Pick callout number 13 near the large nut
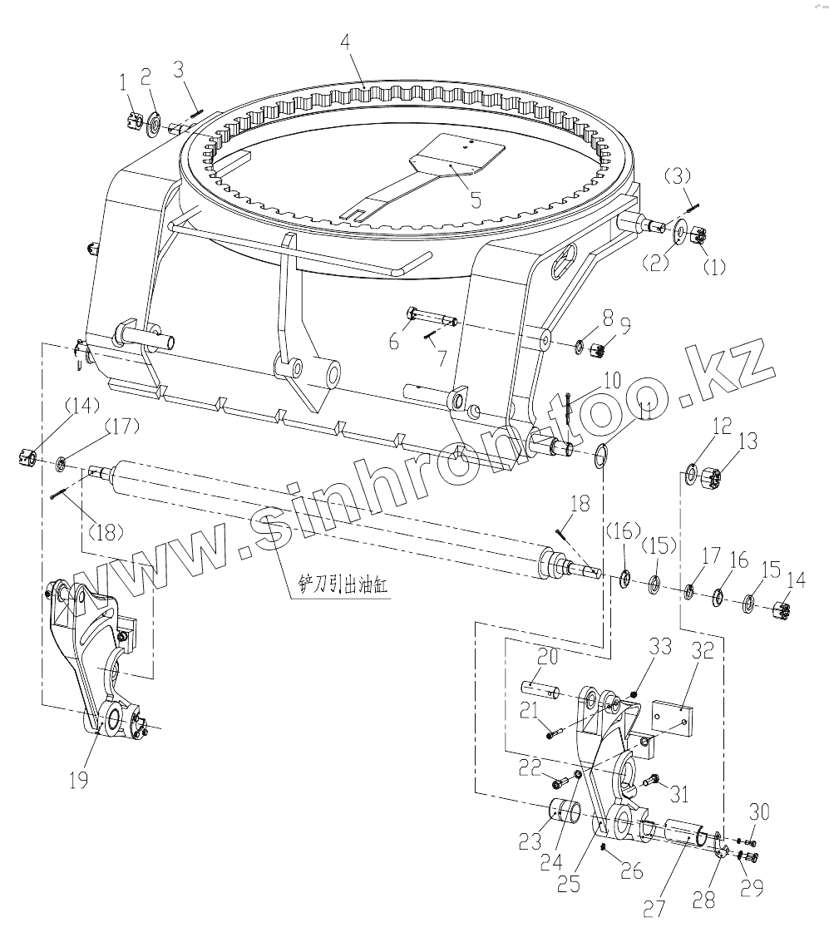(748, 441)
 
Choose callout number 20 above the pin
(547, 657)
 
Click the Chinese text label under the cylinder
(338, 585)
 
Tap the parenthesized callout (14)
(31, 406)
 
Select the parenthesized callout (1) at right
(715, 267)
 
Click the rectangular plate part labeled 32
(672, 717)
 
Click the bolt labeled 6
(432, 316)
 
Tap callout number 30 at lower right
(759, 811)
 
